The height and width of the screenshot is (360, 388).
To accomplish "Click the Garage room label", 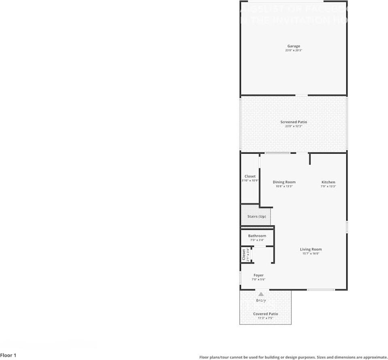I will [294, 46].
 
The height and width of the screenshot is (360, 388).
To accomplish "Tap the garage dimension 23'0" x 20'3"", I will [294, 50].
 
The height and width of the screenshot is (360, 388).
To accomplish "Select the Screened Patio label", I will [294, 122].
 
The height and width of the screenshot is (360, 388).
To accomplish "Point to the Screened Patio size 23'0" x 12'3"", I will [294, 126].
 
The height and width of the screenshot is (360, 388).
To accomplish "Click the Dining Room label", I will [284, 182].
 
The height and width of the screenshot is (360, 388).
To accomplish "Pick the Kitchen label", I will [328, 182].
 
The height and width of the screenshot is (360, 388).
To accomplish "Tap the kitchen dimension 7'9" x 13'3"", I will [328, 186].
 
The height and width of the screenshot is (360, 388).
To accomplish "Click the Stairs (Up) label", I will [256, 216].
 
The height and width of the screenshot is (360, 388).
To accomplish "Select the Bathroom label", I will [257, 236].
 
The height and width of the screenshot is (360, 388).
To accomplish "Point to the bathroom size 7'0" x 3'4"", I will [257, 240].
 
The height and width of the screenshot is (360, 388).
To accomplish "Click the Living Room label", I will [311, 249].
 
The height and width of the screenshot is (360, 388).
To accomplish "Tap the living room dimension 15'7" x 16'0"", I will [311, 254].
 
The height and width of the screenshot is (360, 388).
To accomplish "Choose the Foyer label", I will [258, 275].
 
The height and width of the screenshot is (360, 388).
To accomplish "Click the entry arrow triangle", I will [261, 294].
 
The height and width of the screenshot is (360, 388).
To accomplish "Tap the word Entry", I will [261, 300].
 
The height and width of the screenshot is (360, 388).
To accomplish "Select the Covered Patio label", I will [266, 314].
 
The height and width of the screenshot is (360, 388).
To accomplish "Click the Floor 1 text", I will [9, 356].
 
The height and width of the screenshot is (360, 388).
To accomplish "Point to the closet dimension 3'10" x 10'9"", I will [250, 180].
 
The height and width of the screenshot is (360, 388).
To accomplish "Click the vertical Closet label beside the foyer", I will [244, 255].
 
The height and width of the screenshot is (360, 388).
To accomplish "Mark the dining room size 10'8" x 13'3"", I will [284, 186].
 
